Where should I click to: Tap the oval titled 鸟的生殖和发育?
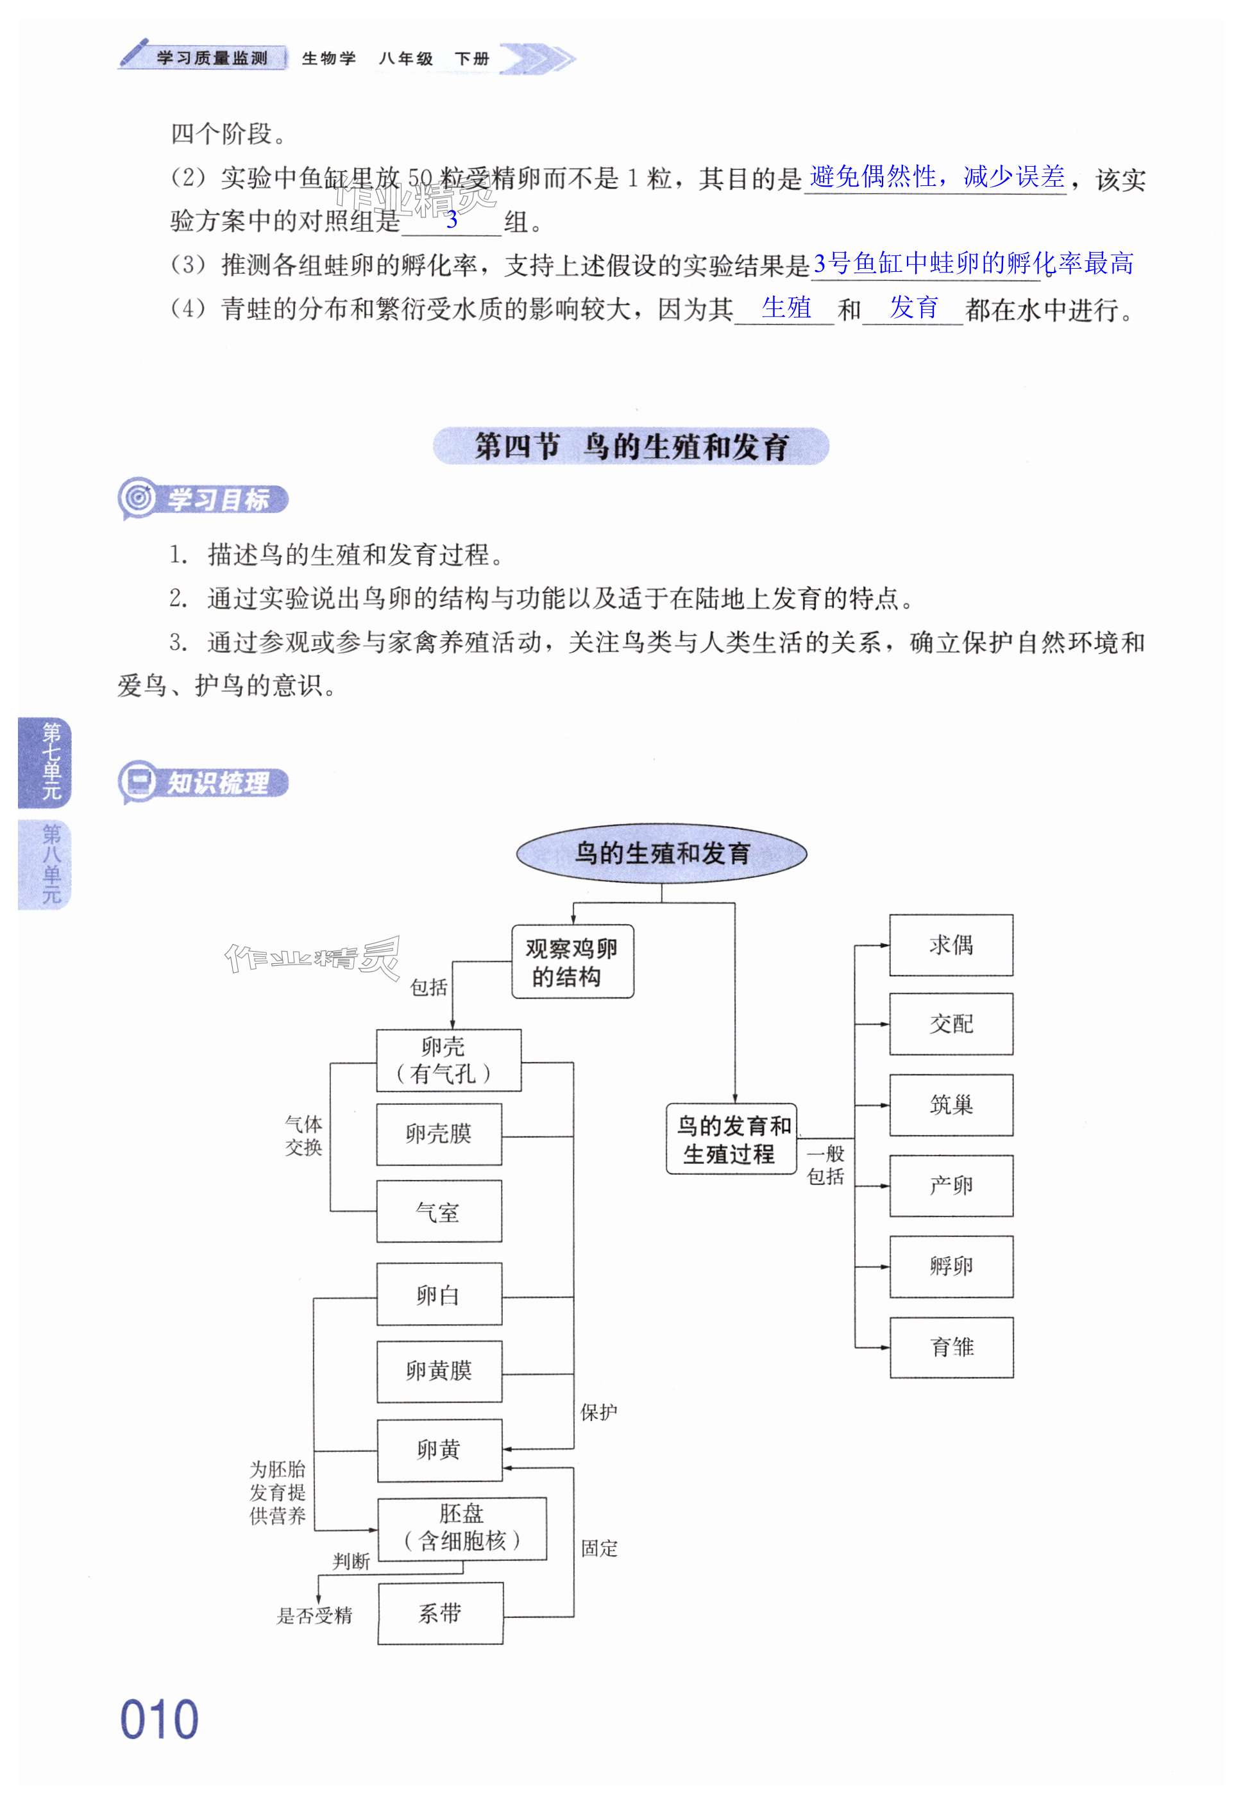pyautogui.click(x=661, y=854)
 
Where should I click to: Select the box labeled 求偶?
pyautogui.click(x=951, y=945)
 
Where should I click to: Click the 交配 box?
pyautogui.click(x=951, y=1024)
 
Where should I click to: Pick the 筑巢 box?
pyautogui.click(x=951, y=1105)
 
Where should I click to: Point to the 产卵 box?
pyautogui.click(x=951, y=1186)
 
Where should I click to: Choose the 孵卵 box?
pyautogui.click(x=951, y=1267)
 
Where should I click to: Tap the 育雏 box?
pyautogui.click(x=952, y=1347)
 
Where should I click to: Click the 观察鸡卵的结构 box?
pyautogui.click(x=572, y=962)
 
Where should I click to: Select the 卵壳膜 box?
pyautogui.click(x=439, y=1134)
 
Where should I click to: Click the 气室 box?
pyautogui.click(x=439, y=1212)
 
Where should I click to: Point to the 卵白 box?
pyautogui.click(x=439, y=1294)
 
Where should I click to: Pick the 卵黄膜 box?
pyautogui.click(x=439, y=1371)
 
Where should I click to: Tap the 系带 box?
pyautogui.click(x=440, y=1613)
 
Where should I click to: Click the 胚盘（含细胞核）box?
pyautogui.click(x=462, y=1529)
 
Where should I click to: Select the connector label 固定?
pyautogui.click(x=599, y=1548)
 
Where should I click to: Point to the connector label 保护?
pyautogui.click(x=598, y=1412)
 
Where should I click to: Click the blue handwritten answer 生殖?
pyautogui.click(x=786, y=308)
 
